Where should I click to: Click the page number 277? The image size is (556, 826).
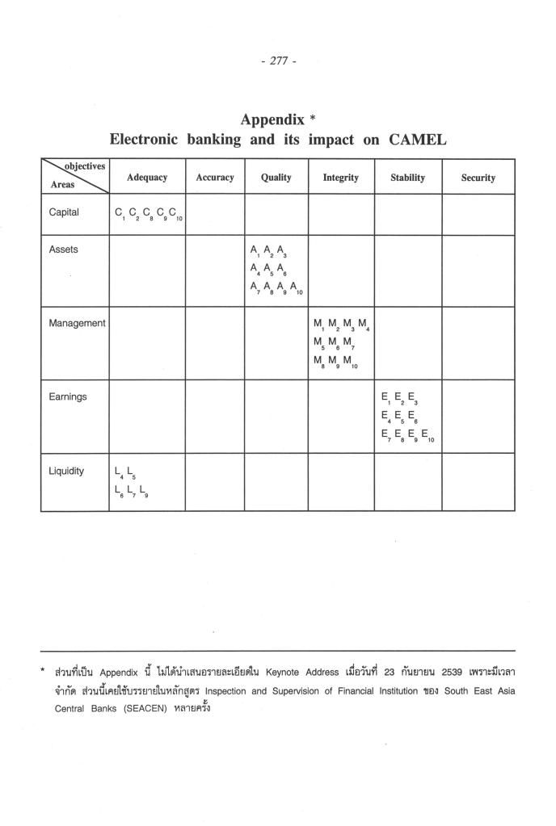pos(278,61)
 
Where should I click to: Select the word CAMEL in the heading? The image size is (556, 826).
pos(418,139)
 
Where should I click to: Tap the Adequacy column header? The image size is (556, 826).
pos(147,177)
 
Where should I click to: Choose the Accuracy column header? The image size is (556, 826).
pos(215,178)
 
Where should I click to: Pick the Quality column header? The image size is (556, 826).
pos(276,178)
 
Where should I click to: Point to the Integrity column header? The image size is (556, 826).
pos(341,178)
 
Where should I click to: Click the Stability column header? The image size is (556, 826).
pos(407,178)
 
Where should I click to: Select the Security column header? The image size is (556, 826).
pos(478,178)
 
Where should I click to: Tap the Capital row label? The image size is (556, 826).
pos(64,213)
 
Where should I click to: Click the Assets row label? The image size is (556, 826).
pos(64,249)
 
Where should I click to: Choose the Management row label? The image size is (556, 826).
pos(77,323)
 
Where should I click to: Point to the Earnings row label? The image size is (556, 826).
pos(68,396)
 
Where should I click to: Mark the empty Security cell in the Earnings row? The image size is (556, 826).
pos(478,416)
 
